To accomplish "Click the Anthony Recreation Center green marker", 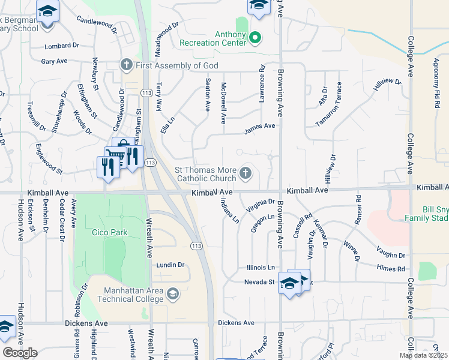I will coord(255,38).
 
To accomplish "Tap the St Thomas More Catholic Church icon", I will coord(245,173).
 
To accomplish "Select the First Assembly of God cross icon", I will coord(126,65).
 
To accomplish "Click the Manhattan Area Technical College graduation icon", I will coord(173,293).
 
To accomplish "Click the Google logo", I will coord(20,352).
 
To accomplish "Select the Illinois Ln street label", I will coord(261,268).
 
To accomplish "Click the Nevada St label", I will coord(259,281).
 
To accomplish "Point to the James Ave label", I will coord(259,127).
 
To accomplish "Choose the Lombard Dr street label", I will coord(62,46).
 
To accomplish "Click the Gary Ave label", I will coord(54,61).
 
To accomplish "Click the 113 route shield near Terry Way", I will coord(145,93).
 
